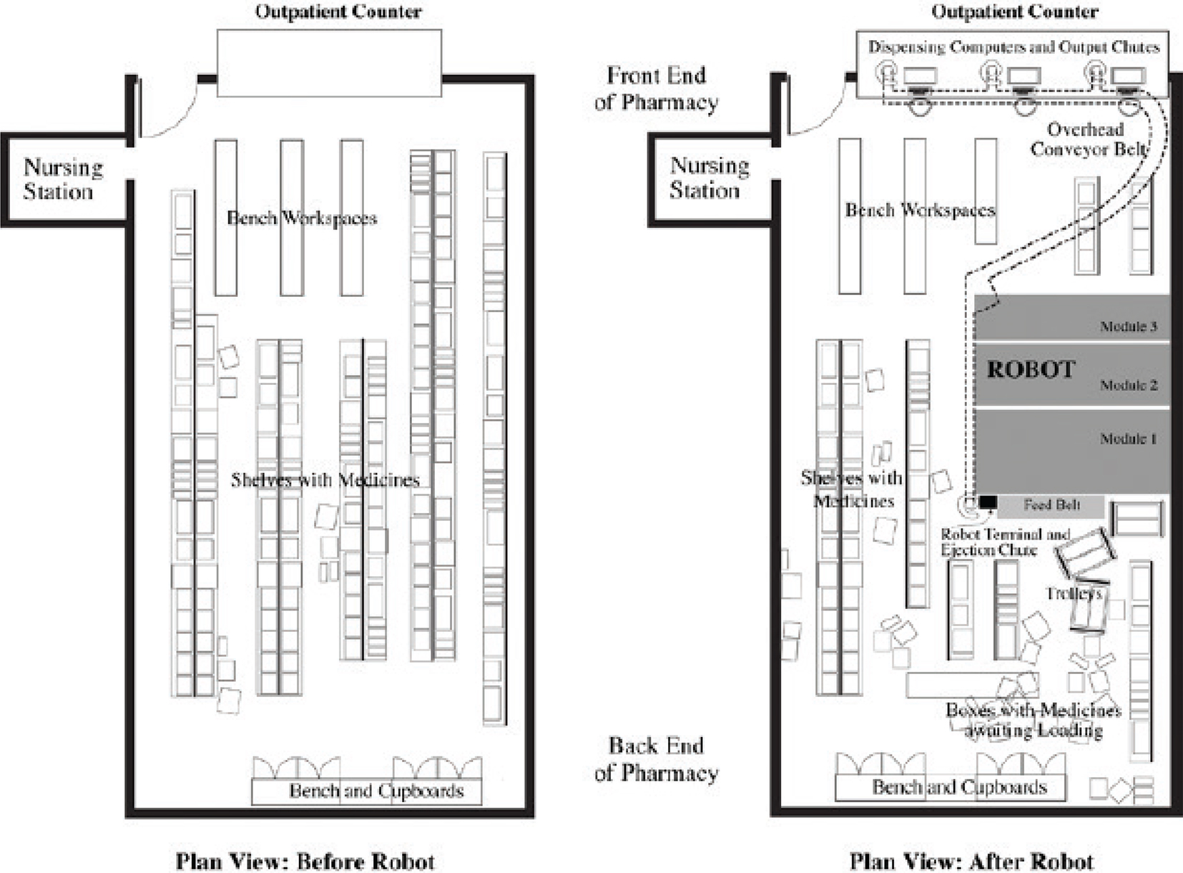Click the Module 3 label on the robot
coord(1128,327)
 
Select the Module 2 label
coord(1128,386)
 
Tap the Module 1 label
coord(1128,439)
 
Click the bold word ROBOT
coord(1031,370)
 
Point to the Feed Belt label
coord(1051,505)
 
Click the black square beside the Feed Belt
coord(988,502)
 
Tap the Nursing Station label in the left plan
coord(63,180)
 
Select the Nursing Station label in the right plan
coord(709,178)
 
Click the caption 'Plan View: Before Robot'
coord(305,861)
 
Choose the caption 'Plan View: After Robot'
coord(971,861)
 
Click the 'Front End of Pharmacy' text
coord(656,89)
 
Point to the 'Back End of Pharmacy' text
coord(656,759)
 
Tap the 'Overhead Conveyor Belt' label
coord(1088,140)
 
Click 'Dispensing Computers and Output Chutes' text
coord(1013,47)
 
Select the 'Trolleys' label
coord(1073,594)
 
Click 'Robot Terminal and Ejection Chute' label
coord(1004,542)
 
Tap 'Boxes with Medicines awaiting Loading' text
coord(1033,720)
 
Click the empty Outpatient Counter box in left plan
coord(329,63)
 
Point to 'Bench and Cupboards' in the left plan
coord(376,791)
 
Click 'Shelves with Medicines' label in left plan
coord(325,480)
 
